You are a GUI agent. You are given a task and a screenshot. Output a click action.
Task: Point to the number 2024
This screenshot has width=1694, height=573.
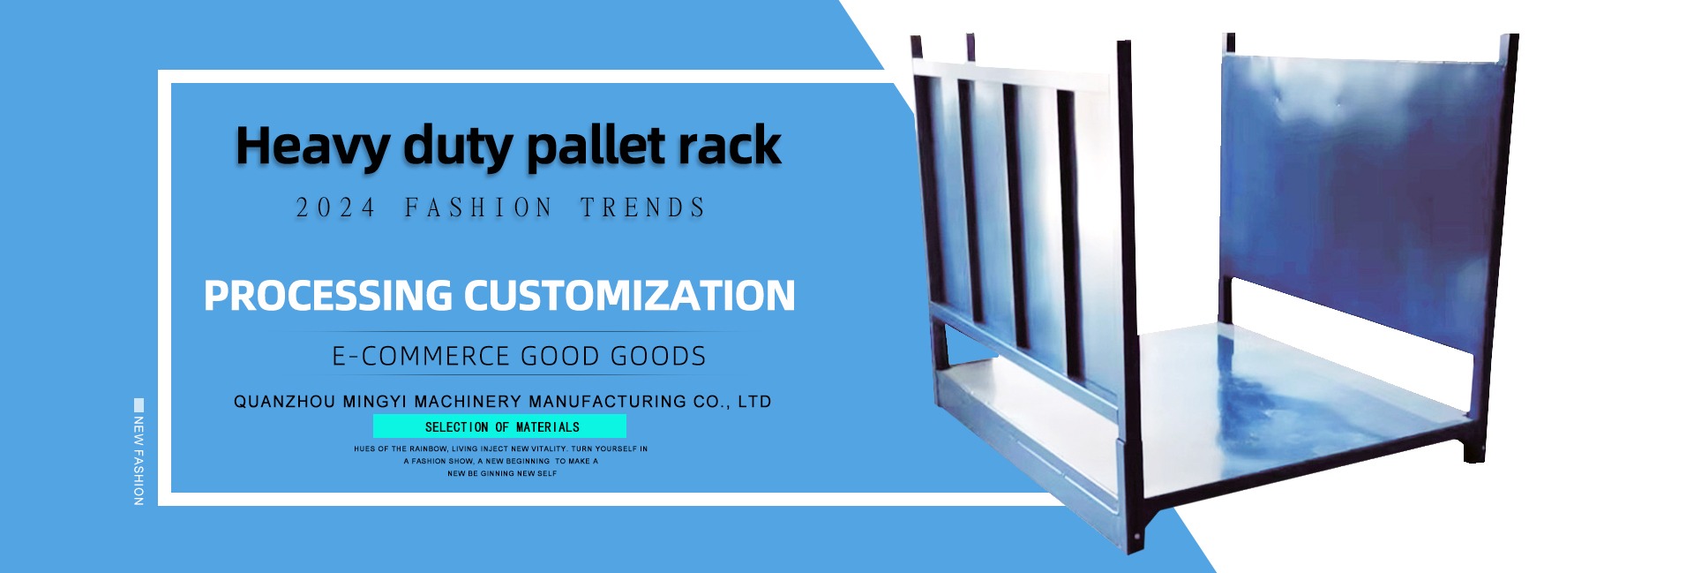coord(335,208)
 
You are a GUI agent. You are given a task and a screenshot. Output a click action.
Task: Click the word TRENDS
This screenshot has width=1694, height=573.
coord(643,208)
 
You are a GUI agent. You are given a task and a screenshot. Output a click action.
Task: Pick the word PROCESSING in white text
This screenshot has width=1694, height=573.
coord(327,296)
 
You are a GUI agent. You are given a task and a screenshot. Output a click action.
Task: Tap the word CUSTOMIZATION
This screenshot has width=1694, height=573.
coord(630,296)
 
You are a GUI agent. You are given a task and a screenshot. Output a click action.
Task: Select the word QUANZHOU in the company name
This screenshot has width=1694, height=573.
coord(284,402)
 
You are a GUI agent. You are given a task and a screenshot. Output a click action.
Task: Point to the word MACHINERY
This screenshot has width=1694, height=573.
coord(467,402)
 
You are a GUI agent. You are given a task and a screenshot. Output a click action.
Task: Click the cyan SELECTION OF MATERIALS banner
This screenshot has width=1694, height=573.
coord(499,426)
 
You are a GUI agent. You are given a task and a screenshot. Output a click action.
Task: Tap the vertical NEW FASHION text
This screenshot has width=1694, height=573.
coord(139,460)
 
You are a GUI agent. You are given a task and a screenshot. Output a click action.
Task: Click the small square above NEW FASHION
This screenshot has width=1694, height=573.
coord(139,404)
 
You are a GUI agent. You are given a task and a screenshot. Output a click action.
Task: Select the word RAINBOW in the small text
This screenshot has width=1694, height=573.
coord(429,449)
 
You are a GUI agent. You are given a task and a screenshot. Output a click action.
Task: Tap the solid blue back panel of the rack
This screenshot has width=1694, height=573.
coord(1362,194)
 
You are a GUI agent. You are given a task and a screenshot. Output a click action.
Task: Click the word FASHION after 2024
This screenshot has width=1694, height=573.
coord(478,208)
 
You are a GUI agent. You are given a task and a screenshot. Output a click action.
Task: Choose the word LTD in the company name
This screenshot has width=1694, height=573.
coord(754,402)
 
